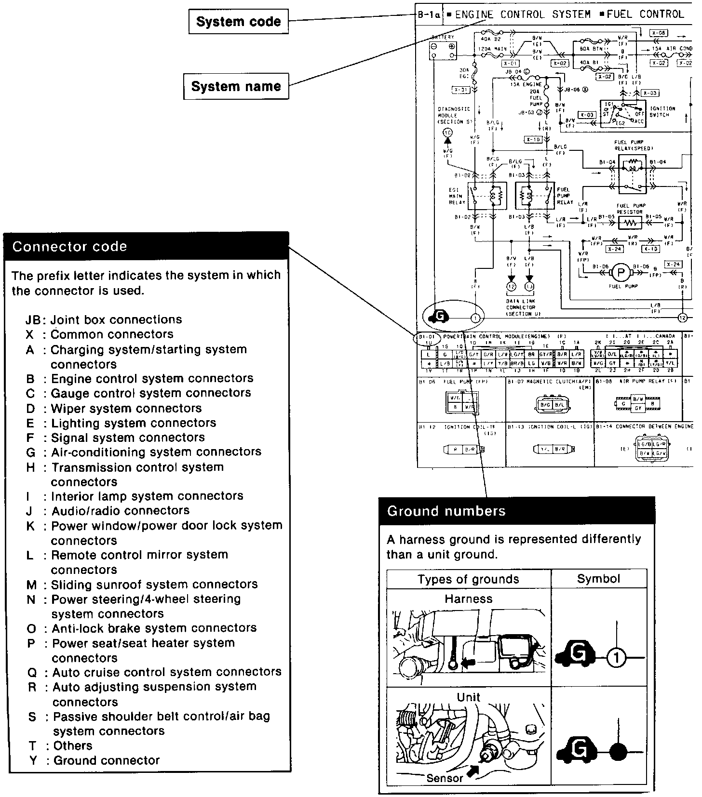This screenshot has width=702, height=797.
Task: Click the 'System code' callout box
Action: click(238, 22)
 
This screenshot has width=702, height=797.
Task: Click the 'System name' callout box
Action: click(236, 87)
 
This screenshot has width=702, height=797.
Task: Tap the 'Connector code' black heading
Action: click(146, 246)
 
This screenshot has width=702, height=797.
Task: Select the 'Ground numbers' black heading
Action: click(516, 511)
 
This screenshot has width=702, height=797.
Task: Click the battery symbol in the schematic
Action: click(443, 51)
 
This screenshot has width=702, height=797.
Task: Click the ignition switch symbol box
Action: click(622, 114)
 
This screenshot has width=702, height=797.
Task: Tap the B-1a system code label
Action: click(429, 15)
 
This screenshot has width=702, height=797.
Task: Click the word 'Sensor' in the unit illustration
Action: click(445, 778)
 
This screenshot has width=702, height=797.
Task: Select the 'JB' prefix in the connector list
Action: click(35, 320)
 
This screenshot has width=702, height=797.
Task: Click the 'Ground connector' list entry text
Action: click(106, 761)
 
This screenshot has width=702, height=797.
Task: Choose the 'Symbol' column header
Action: click(598, 579)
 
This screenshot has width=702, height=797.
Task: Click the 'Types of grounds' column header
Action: click(468, 579)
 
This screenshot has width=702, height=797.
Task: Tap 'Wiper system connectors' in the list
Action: click(126, 409)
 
